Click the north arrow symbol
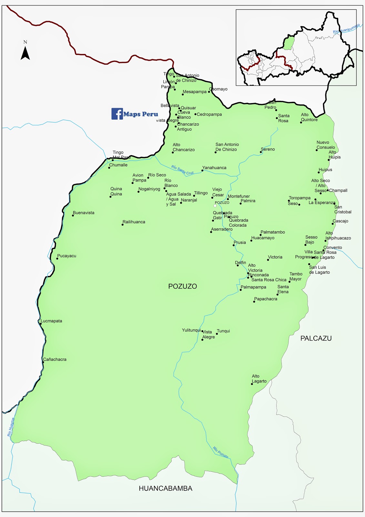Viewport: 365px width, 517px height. click(25, 53)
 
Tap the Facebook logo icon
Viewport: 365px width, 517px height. click(117, 114)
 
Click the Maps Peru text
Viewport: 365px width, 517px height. click(141, 114)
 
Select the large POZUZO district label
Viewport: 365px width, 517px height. click(182, 286)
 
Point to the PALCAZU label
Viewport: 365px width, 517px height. click(316, 338)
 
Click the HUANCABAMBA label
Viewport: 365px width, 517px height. click(165, 489)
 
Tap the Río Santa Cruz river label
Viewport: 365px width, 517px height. click(182, 170)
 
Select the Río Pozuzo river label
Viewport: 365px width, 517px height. click(220, 452)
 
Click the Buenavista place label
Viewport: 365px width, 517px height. click(84, 213)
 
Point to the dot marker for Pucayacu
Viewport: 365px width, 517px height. click(57, 258)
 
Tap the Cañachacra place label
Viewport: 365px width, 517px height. click(55, 359)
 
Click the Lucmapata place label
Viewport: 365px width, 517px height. click(51, 321)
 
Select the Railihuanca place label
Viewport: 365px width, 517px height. click(134, 222)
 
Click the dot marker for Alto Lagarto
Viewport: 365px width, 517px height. click(252, 384)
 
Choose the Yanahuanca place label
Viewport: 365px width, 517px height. click(214, 168)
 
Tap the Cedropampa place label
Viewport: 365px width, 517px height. click(209, 114)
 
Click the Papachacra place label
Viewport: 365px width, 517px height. click(266, 299)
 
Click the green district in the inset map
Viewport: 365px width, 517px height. click(289, 43)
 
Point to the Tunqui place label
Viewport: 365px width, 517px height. click(223, 331)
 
